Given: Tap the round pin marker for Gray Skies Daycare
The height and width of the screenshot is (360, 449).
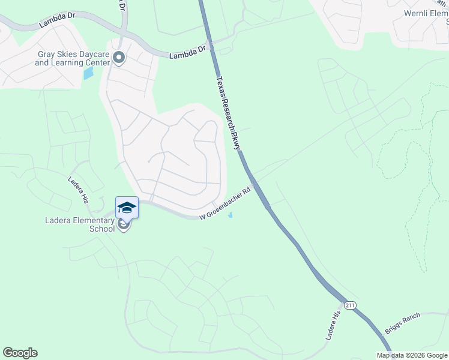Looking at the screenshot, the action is click(118, 58).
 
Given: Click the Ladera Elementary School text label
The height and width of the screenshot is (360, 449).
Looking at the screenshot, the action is click(80, 224).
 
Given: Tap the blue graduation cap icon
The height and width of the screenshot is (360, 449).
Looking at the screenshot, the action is click(127, 208).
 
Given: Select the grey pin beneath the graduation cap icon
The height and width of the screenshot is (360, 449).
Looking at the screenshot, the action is click(124, 225).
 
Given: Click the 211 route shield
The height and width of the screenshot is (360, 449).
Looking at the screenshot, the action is click(351, 306).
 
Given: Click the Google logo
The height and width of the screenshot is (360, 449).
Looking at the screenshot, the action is click(20, 353).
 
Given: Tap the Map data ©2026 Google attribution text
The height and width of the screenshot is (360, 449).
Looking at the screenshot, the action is click(412, 355).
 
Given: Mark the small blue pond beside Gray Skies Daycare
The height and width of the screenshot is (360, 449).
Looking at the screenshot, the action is click(89, 73).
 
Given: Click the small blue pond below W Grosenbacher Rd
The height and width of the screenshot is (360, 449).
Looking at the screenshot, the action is click(231, 216).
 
